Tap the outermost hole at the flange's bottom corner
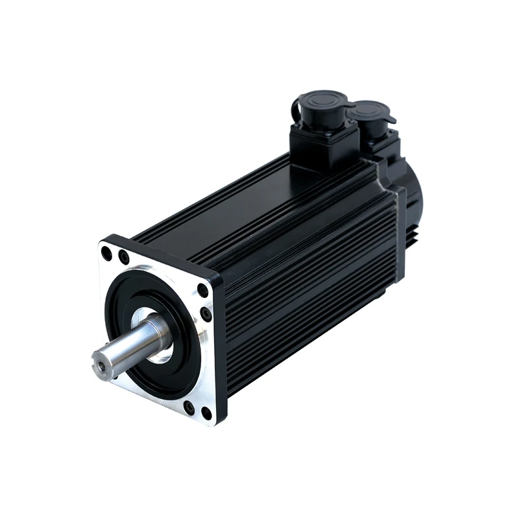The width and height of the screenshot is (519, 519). (206, 413)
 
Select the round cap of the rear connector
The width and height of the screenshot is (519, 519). (371, 112)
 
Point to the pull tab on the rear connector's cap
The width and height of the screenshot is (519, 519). (392, 119)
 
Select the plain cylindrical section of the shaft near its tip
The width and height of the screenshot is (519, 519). (120, 350)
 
